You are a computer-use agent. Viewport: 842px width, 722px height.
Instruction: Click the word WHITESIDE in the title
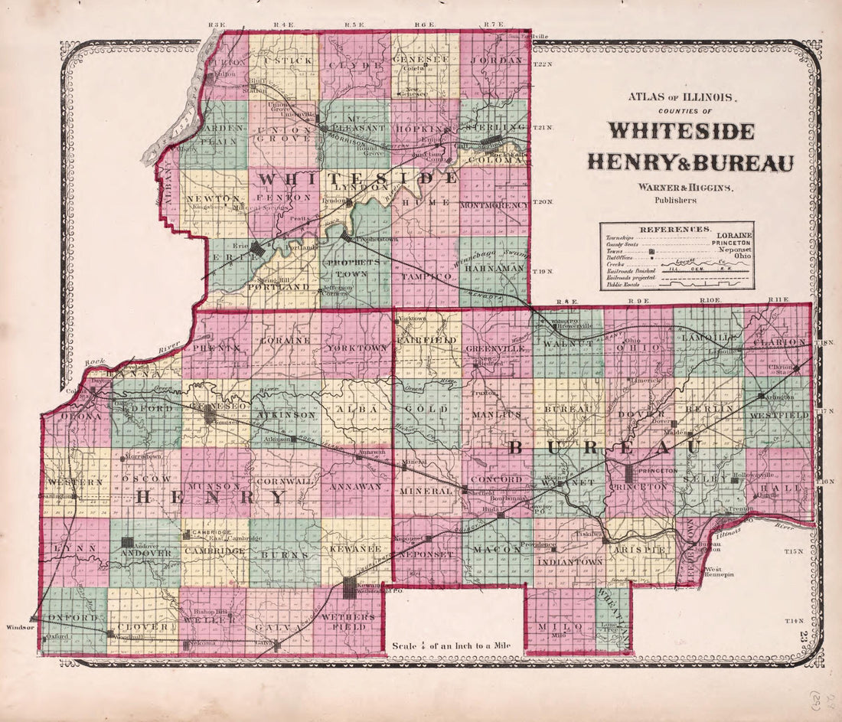click(x=681, y=131)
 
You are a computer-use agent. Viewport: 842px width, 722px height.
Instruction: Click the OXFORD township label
click(x=72, y=618)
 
